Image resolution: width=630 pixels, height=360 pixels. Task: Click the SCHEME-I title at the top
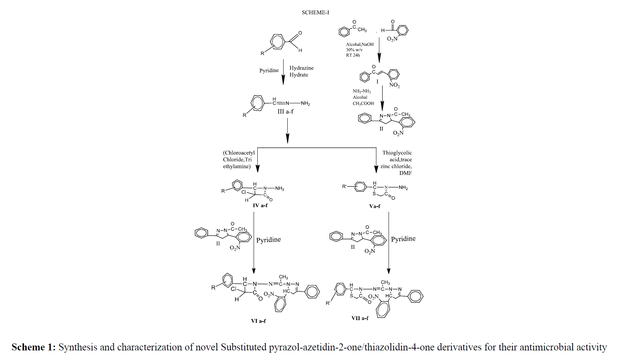[315, 13]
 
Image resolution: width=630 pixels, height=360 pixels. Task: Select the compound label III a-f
[285, 111]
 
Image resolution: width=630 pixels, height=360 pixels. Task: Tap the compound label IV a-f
[260, 205]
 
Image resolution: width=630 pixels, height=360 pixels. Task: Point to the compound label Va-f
[375, 206]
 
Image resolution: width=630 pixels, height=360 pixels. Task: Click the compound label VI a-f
[258, 321]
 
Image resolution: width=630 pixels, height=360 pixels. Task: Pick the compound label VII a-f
[360, 318]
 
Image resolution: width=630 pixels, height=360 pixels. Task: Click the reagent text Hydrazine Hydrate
[301, 71]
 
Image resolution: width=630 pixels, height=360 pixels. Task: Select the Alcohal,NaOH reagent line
[359, 44]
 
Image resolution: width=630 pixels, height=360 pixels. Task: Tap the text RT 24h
[353, 55]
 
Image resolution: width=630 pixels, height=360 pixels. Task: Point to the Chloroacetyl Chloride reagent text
[238, 156]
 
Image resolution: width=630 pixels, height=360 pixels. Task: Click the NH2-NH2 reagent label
[361, 91]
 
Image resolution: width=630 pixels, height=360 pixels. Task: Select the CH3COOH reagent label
[363, 103]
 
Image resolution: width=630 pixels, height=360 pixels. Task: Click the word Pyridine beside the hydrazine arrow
[269, 71]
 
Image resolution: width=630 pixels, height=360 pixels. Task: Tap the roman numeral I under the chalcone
[377, 81]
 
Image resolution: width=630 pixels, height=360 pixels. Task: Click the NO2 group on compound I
[394, 86]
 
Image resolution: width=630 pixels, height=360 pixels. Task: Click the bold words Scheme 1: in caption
[33, 347]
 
